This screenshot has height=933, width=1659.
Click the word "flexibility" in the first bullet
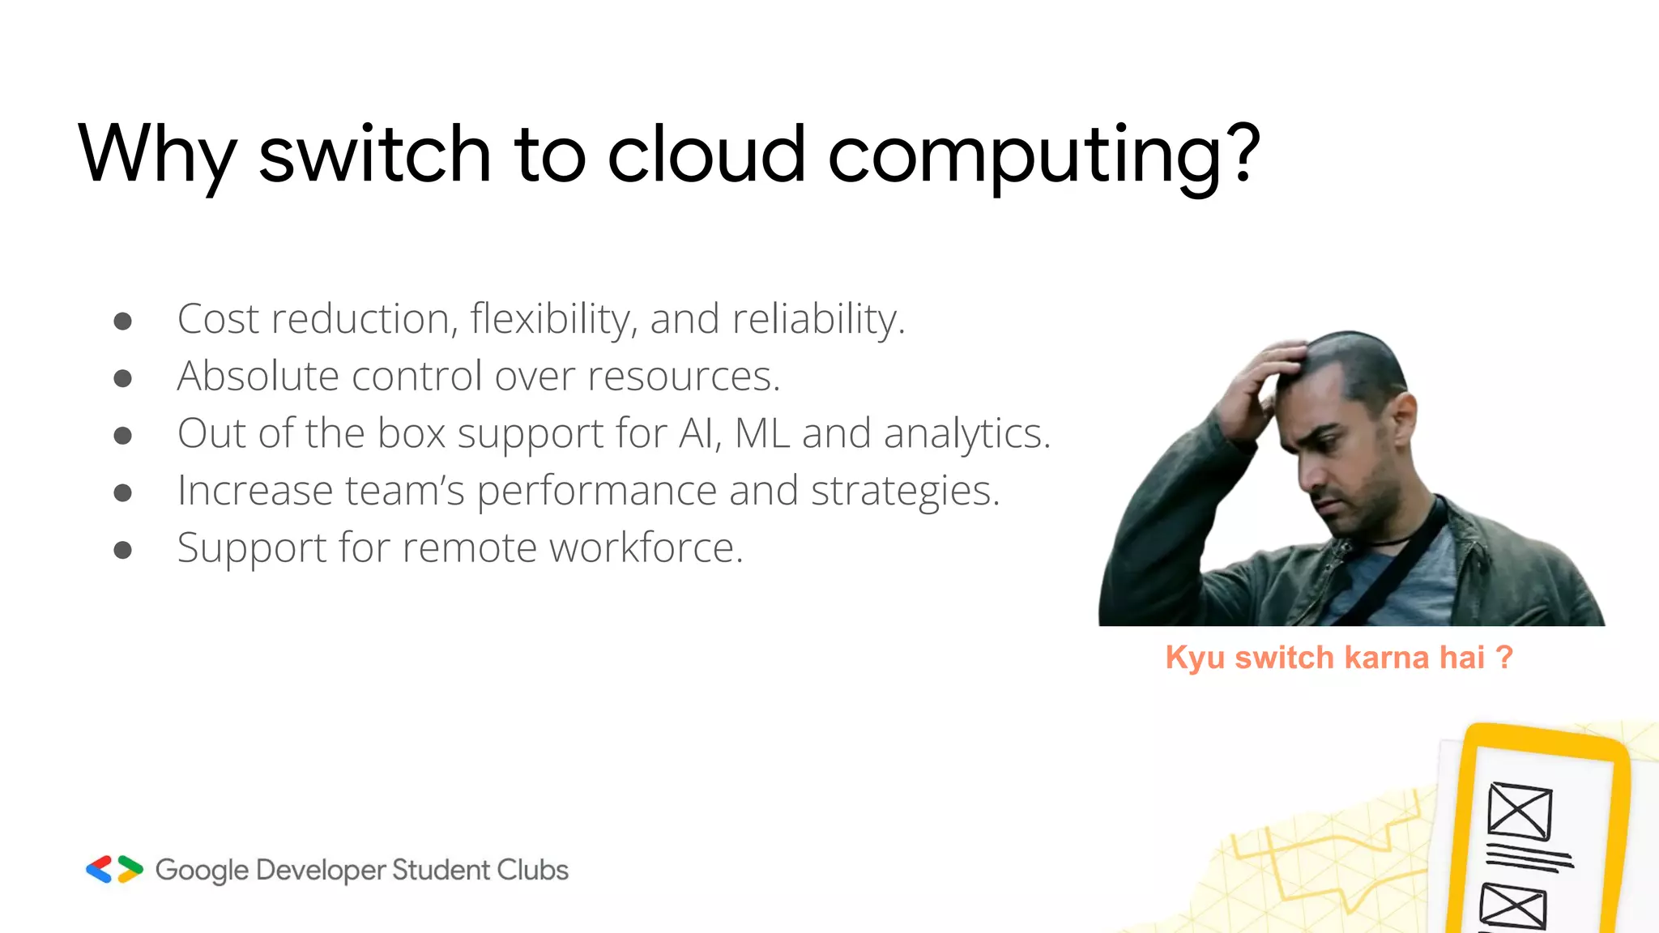(550, 319)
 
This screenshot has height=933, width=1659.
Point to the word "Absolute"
(258, 376)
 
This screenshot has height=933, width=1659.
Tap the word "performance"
(596, 492)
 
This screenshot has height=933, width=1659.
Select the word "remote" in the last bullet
(470, 547)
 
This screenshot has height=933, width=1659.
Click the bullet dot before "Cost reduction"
(123, 322)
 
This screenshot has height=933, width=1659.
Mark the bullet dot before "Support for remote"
(123, 551)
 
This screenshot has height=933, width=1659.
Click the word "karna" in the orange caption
(1386, 658)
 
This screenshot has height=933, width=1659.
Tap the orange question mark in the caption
(1504, 657)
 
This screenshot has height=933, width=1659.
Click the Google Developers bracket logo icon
(114, 869)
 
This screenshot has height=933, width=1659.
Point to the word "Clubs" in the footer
(532, 870)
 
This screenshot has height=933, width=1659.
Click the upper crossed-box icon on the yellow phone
(1520, 811)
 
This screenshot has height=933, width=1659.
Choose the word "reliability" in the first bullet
(818, 319)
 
